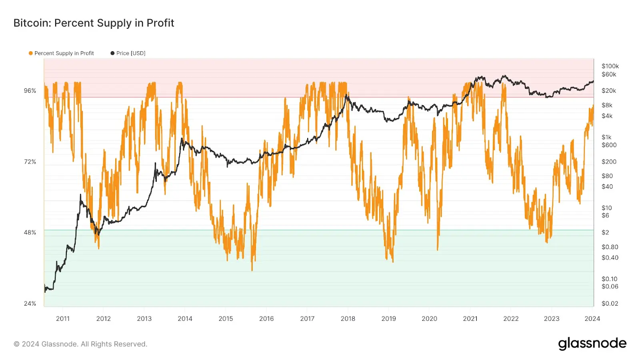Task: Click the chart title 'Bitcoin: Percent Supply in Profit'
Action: point(94,23)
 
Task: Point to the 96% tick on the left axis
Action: point(30,91)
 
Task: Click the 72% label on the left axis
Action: point(30,162)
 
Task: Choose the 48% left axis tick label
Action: point(30,232)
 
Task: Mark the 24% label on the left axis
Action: point(30,304)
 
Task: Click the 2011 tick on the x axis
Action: point(63,319)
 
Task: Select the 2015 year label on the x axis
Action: point(226,319)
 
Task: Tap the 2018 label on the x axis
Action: point(348,319)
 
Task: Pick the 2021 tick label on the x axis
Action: point(470,319)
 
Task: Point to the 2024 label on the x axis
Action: point(592,319)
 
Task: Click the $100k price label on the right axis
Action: point(610,66)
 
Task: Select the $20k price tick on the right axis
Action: point(609,91)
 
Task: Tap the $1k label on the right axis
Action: point(606,137)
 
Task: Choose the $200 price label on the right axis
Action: point(609,162)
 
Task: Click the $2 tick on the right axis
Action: point(605,232)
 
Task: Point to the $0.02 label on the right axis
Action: point(610,304)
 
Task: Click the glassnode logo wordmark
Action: point(592,344)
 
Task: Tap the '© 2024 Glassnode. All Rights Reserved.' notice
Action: point(80,344)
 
